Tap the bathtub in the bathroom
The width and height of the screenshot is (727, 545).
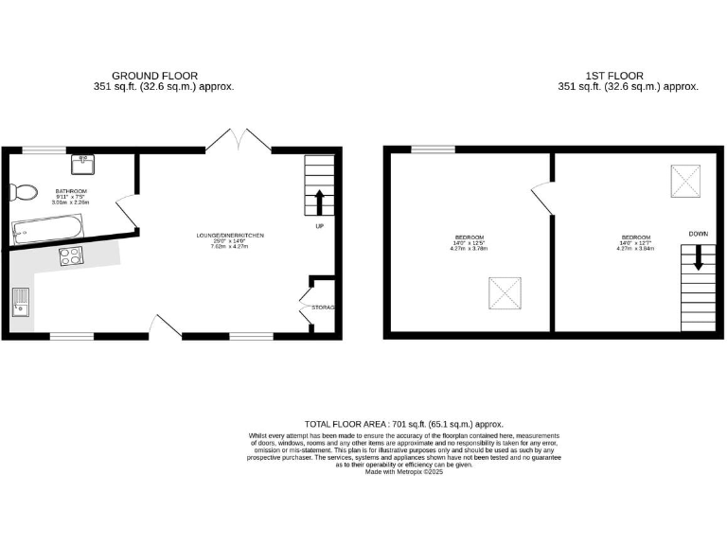pyautogui.click(x=48, y=227)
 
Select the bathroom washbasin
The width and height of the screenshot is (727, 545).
pyautogui.click(x=83, y=163)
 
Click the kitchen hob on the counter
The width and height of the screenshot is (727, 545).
pyautogui.click(x=70, y=255)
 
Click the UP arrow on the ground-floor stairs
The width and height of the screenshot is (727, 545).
pyautogui.click(x=318, y=202)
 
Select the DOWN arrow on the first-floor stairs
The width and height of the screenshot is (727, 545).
pyautogui.click(x=699, y=257)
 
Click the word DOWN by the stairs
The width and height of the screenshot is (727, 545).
pyautogui.click(x=698, y=233)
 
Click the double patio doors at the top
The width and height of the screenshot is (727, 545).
pyautogui.click(x=239, y=139)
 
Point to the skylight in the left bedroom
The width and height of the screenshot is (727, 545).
pyautogui.click(x=503, y=294)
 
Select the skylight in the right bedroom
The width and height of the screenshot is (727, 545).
pyautogui.click(x=685, y=180)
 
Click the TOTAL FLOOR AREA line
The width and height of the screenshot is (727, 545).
pyautogui.click(x=403, y=425)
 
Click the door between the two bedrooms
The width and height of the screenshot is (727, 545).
pyautogui.click(x=542, y=196)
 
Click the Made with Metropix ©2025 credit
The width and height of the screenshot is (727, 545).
pyautogui.click(x=404, y=471)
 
